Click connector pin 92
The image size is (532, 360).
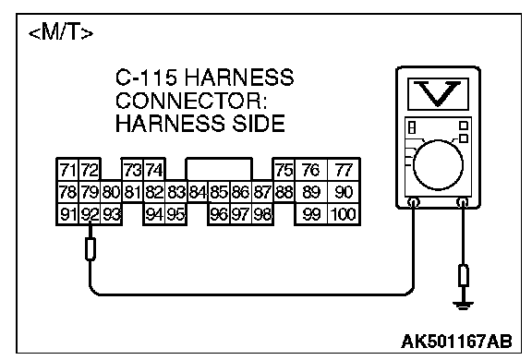tap(90, 214)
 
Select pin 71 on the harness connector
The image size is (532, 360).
tap(67, 170)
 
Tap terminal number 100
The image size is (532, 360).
tap(344, 214)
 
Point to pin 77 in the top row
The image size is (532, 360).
tap(344, 170)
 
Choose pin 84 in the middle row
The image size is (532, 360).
tap(198, 192)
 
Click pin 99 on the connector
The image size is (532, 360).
tap(311, 214)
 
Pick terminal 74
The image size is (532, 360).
tap(154, 170)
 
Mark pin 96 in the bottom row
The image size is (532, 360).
tap(219, 214)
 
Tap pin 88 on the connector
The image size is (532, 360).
tap(284, 192)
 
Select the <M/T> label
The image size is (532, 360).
tap(61, 33)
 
